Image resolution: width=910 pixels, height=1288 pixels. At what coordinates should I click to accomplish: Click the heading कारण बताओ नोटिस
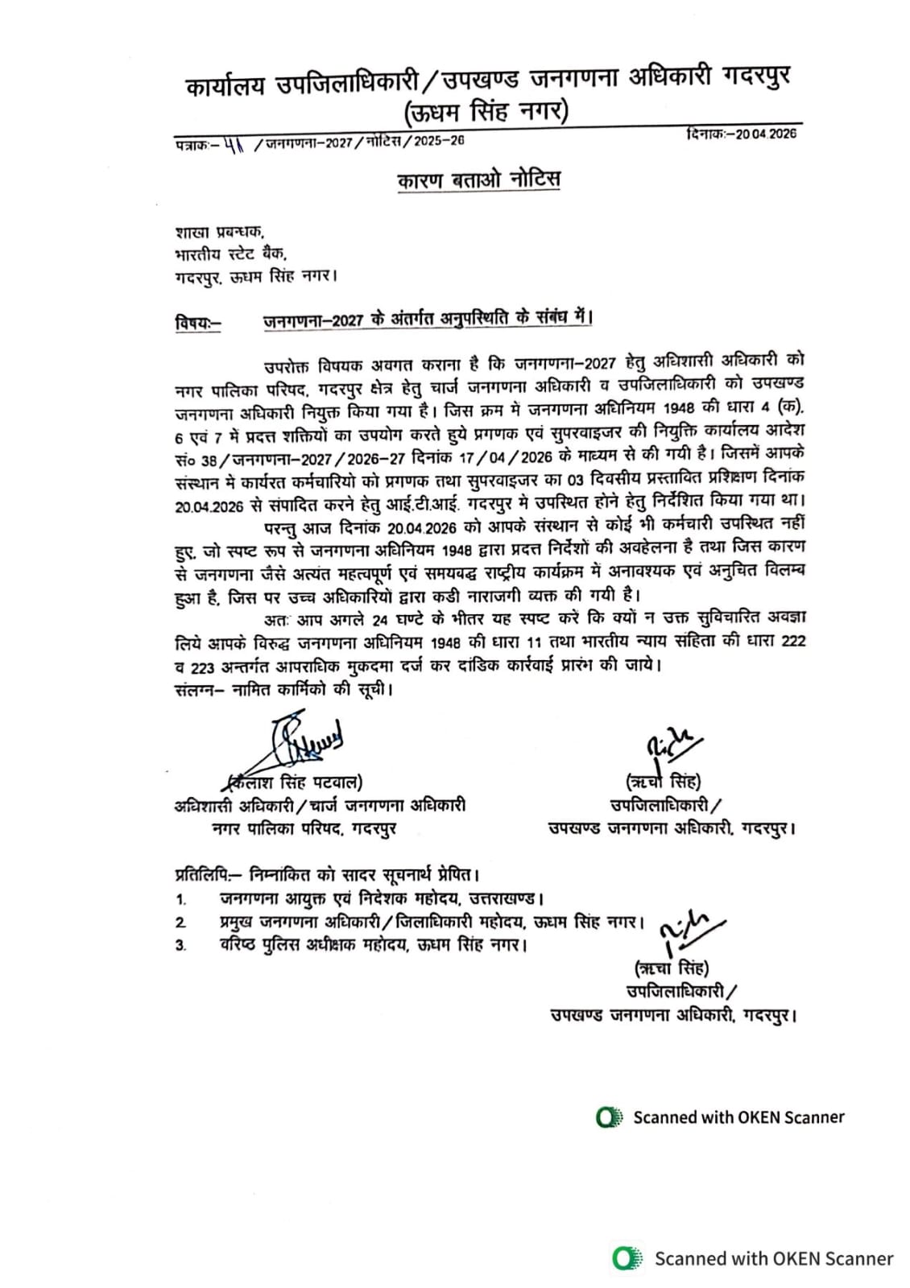478,180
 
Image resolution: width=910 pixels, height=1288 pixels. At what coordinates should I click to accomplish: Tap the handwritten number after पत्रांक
234,142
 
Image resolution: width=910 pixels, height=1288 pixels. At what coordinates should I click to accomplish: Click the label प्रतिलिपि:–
207,873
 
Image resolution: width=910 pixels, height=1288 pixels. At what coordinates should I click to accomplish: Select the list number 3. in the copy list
181,946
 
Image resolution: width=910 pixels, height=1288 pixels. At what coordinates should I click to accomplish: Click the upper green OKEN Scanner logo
609,1117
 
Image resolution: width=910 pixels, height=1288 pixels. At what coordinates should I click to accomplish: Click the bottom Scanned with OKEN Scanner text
773,1258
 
